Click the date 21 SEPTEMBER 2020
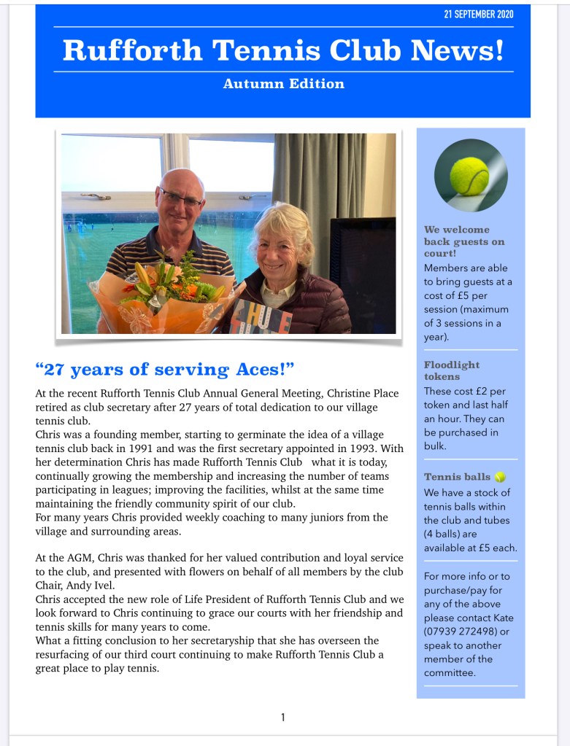tap(479, 15)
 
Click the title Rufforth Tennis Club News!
tap(283, 50)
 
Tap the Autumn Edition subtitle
tap(283, 84)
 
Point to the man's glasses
tap(180, 198)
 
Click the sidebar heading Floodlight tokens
tap(451, 370)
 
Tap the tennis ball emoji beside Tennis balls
tap(500, 477)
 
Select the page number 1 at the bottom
tap(283, 718)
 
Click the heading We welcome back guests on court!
tap(464, 241)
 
